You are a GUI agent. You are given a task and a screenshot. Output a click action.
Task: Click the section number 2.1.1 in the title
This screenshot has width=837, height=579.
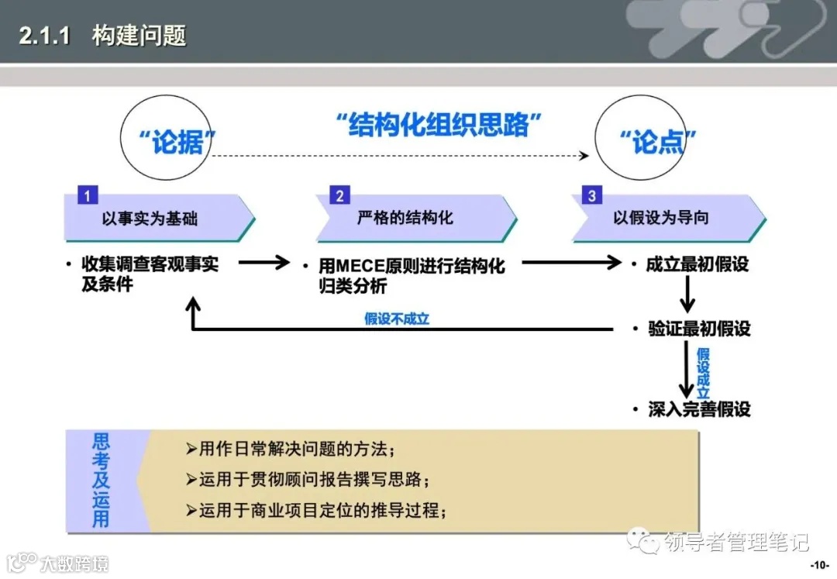pos(46,36)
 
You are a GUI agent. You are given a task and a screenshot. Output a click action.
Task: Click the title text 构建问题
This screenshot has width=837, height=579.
pos(139,36)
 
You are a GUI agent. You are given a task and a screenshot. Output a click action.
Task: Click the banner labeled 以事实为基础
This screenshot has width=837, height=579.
pos(160,219)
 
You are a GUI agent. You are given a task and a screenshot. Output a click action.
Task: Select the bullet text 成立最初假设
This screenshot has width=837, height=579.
pos(697,264)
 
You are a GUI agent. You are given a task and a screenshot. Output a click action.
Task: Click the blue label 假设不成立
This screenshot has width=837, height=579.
pos(397,319)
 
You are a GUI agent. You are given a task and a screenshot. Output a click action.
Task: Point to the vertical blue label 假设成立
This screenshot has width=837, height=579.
pos(703,372)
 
